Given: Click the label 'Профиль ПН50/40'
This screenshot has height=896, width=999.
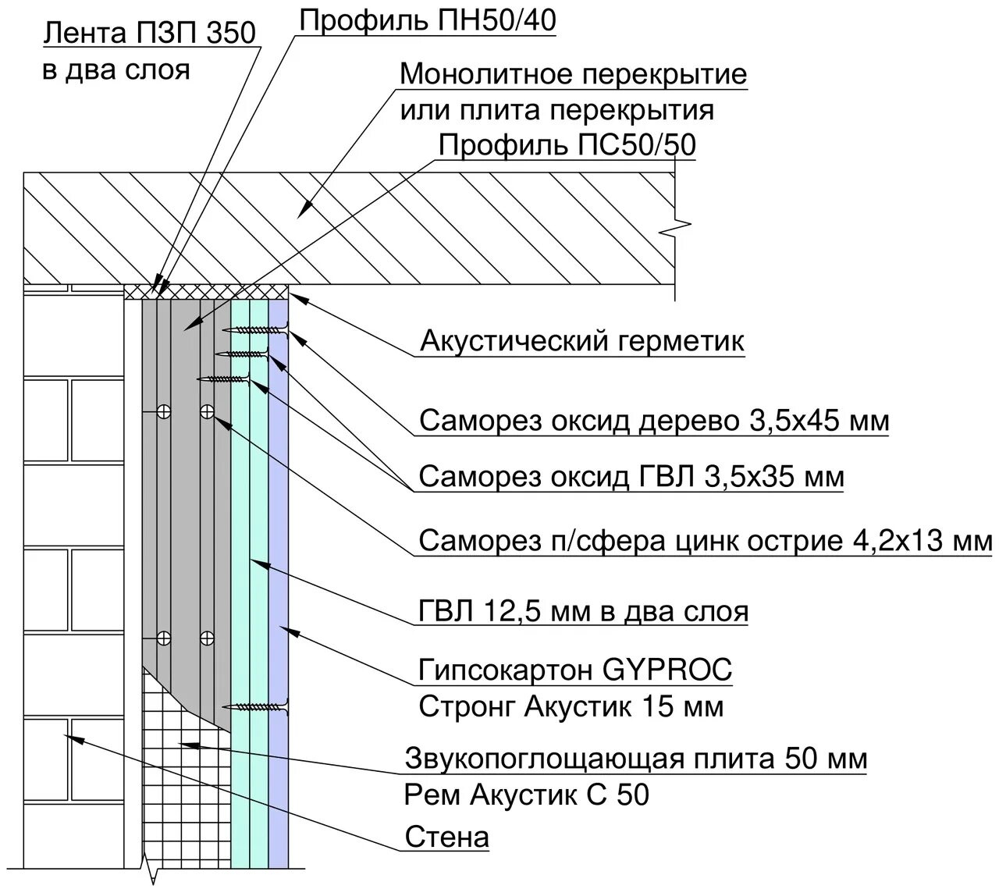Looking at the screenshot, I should coord(428,21).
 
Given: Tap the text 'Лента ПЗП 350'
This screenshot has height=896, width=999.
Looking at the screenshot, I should coord(148,34).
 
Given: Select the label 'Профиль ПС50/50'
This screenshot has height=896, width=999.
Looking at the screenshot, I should coord(567,146).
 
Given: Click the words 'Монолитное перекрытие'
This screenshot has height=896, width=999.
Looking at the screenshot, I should coord(573,75).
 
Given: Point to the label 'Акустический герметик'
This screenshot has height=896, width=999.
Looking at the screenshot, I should coord(582,341).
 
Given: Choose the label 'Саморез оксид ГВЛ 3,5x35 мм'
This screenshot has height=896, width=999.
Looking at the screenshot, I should coord(631,476).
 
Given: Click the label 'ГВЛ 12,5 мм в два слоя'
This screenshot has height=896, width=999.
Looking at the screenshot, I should coord(583,610).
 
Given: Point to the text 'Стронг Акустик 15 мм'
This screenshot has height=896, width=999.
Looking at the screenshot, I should coord(571,707).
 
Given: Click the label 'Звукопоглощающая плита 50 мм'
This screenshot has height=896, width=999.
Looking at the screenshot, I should coord(636,758).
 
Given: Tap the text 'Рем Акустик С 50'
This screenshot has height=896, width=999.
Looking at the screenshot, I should coord(527,795).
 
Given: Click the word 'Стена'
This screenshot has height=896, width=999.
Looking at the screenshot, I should coord(447,837).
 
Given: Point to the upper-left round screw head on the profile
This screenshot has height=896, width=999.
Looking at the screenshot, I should coord(163,411).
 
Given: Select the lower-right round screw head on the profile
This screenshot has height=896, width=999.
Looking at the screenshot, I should coord(207,638).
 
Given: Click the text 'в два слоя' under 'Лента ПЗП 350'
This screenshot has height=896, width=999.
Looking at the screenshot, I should coord(116,70).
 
